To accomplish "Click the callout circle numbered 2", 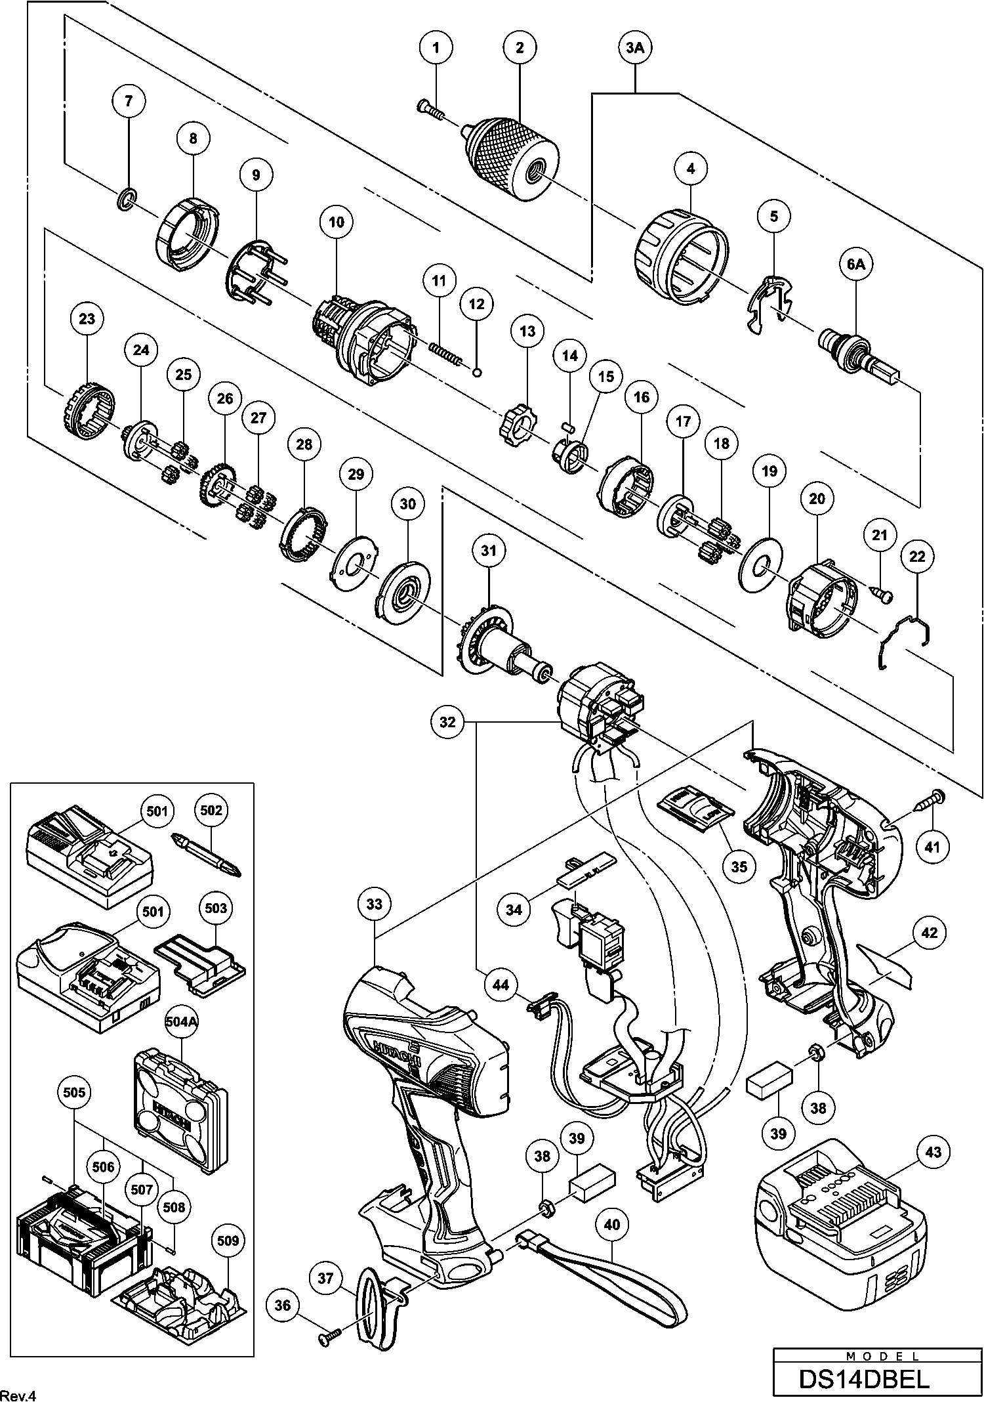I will point(520,47).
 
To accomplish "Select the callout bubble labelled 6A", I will point(856,265).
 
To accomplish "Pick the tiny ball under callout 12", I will point(478,373).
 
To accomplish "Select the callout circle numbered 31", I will point(489,550).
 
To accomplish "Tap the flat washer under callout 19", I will point(760,564).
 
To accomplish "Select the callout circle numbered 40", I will point(611,1224).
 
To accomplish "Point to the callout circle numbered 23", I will point(87,319).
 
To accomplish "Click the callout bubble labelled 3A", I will point(635,47).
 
